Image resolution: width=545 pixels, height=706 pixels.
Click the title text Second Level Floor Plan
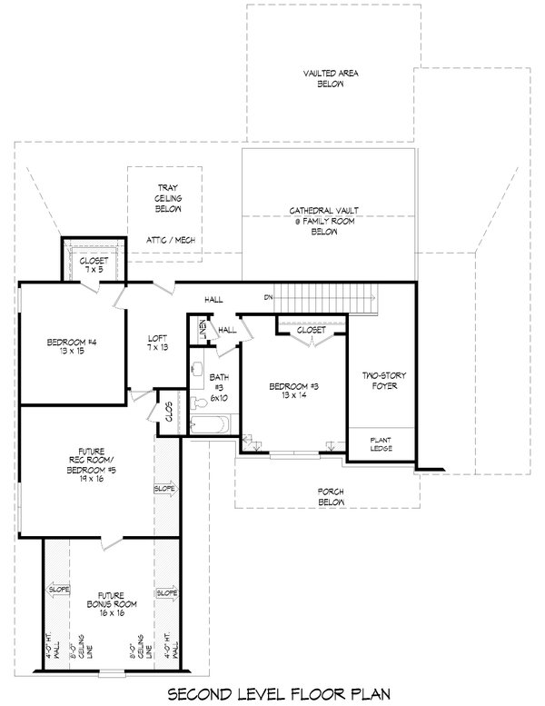pos(272,693)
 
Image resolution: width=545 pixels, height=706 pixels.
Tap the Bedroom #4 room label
pos(72,347)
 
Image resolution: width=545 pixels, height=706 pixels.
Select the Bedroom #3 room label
pos(293,391)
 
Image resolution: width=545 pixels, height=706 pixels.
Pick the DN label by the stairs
pos(268,297)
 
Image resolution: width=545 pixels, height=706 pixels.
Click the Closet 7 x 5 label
pos(91,265)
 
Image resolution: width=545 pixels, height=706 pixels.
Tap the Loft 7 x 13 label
pos(156,347)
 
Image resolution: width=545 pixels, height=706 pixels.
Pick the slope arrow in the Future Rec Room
pos(165,488)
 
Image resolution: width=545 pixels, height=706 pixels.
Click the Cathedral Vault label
pos(324,221)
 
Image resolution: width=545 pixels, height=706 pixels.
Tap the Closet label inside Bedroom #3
pos(311,331)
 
